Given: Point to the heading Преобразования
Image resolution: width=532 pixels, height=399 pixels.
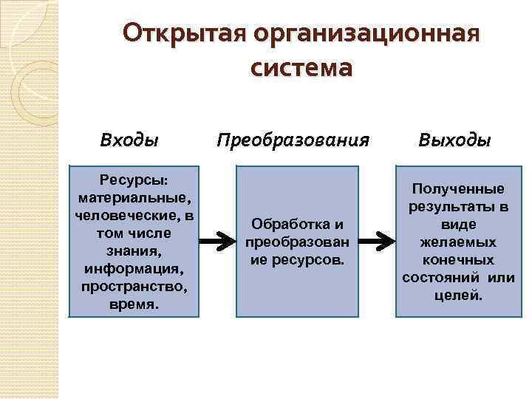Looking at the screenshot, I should point(293,139).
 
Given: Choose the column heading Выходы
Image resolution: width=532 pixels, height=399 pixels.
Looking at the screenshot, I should point(454,139).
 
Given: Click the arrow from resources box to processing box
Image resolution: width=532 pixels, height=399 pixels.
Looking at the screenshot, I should point(217,241).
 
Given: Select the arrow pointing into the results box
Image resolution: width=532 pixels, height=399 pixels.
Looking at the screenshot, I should point(378,241).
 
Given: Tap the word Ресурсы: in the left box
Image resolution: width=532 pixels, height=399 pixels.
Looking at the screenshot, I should point(134,182).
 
